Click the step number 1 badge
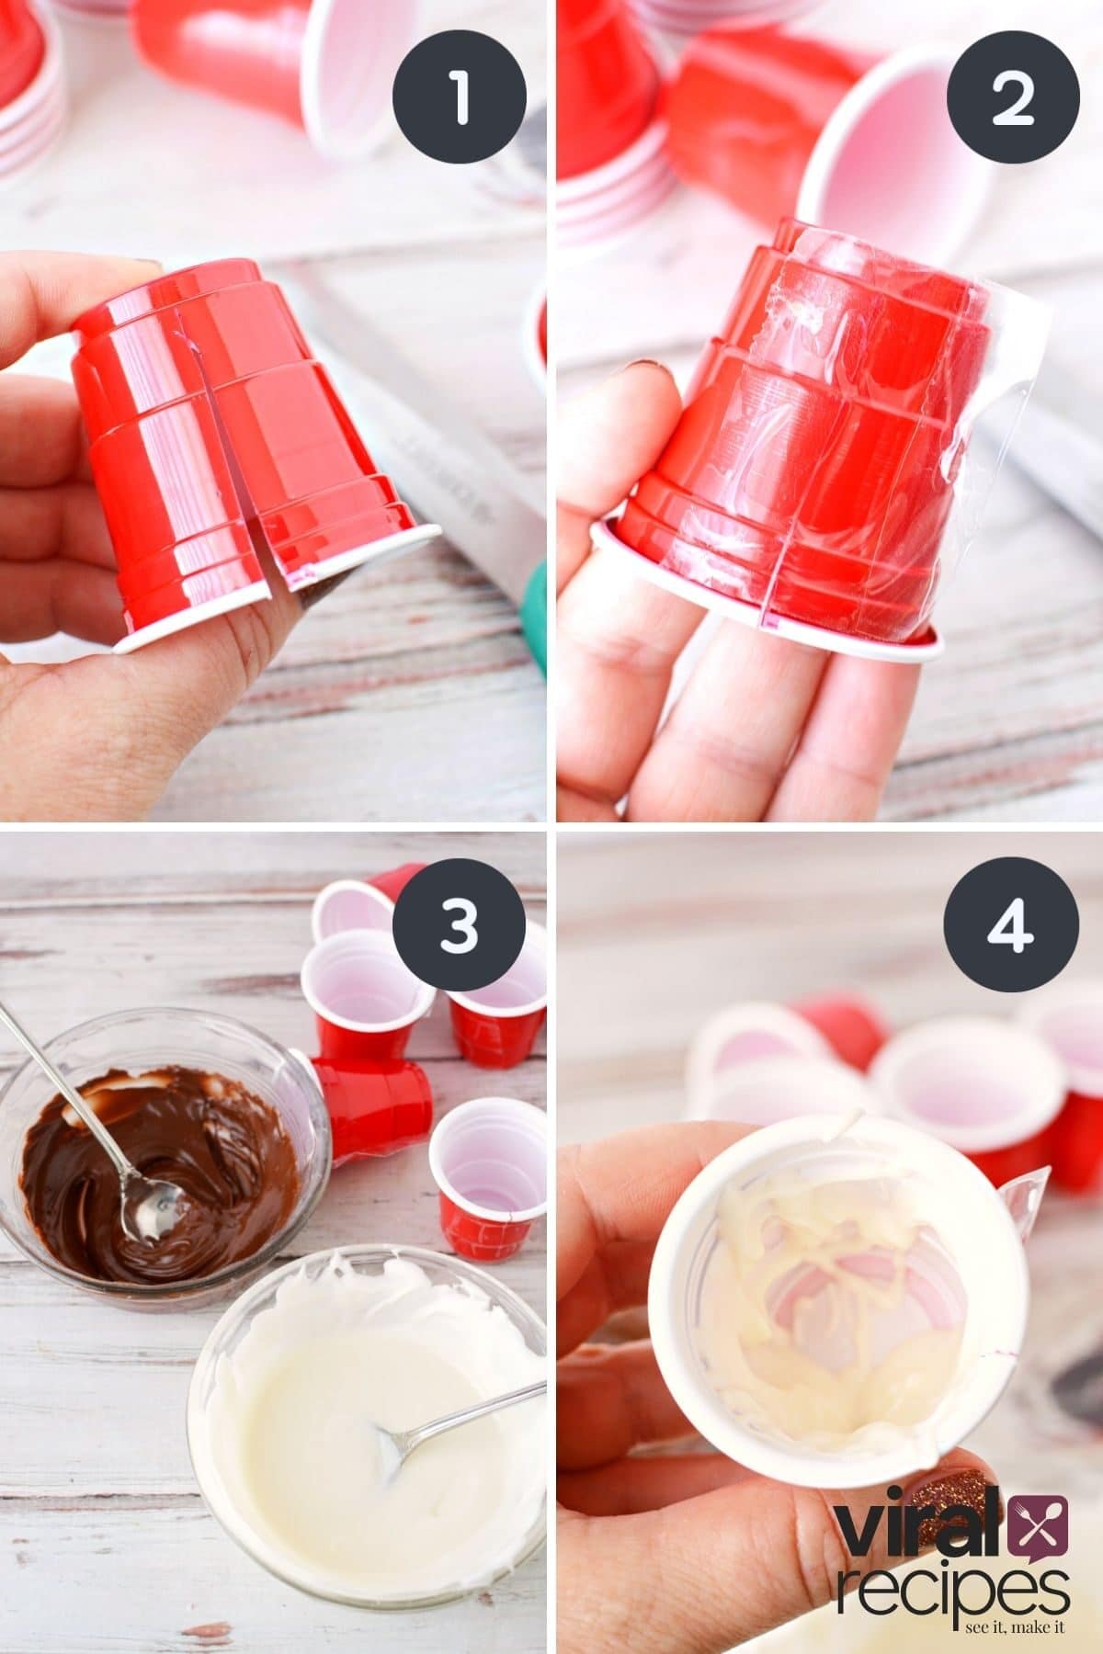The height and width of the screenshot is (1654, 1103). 459,96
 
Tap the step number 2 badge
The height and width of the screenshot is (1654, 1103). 1013,96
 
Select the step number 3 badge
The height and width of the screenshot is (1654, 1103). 459,928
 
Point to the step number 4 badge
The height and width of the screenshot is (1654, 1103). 1013,928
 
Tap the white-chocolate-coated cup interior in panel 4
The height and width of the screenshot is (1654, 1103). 827,1286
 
